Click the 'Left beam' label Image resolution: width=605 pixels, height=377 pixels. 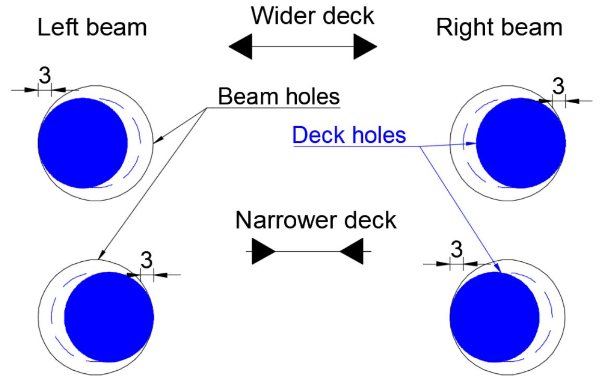[92, 28]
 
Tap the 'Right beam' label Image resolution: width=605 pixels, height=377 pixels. [499, 28]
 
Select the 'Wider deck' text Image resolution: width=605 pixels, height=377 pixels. [312, 16]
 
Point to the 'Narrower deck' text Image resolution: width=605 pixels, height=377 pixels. [316, 220]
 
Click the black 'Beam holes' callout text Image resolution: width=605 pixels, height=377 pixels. [279, 96]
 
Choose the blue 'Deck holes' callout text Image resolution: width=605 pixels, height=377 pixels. [349, 135]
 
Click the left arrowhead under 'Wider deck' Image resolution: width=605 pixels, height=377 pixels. [241, 47]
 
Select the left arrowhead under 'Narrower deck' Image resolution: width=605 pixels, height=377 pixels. [263, 251]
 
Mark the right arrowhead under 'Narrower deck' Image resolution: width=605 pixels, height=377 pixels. [351, 251]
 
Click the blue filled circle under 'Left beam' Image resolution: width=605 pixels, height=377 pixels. [83, 143]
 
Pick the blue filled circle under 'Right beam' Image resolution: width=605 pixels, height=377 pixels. [521, 143]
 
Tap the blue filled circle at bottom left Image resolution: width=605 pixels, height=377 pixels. [109, 317]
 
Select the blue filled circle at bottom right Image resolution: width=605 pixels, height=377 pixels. [495, 317]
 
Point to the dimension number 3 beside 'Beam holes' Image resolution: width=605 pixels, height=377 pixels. [558, 86]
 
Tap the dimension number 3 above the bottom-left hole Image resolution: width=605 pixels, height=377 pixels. [147, 260]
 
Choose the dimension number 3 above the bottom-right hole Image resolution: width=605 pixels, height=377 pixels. [457, 250]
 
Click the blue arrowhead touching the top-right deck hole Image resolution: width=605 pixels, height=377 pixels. [471, 144]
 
